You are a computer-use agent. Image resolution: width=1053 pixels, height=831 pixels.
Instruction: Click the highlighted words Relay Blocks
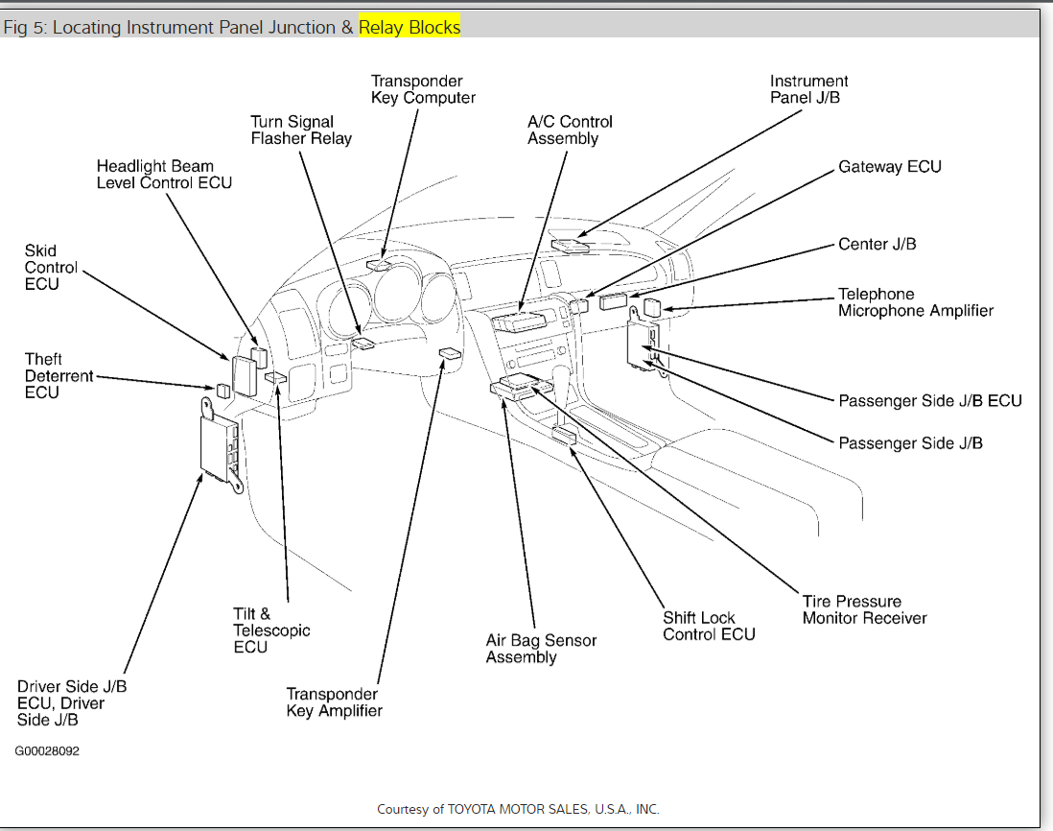(x=409, y=27)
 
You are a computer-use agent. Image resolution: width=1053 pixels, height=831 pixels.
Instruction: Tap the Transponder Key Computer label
(x=423, y=89)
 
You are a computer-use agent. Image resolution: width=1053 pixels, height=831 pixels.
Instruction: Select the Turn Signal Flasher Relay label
(x=301, y=131)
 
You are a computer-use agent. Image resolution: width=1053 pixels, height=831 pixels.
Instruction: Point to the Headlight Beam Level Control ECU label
(x=164, y=175)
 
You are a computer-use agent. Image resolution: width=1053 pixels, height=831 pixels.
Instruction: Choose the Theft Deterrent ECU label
(x=58, y=376)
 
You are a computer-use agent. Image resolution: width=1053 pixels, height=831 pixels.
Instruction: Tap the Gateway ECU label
(x=890, y=167)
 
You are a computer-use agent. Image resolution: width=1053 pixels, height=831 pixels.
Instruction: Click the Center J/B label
(x=877, y=245)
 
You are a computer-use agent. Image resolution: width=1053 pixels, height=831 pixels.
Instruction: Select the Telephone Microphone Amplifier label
(x=916, y=302)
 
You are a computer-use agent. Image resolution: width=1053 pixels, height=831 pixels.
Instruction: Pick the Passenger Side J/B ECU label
(x=930, y=401)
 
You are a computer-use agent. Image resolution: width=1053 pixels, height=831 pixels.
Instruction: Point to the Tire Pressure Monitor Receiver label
(x=864, y=610)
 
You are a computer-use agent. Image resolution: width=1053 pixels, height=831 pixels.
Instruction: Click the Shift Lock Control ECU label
(x=709, y=627)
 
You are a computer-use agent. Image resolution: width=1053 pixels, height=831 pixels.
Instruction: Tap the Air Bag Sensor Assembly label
(x=541, y=649)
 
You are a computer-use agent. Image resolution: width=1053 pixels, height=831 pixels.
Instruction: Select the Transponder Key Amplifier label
(x=334, y=702)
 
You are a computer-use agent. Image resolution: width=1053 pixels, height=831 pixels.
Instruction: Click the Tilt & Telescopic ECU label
(x=271, y=630)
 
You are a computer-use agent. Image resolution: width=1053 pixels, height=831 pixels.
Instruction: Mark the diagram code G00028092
(x=47, y=751)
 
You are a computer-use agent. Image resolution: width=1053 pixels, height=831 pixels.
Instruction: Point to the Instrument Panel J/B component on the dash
(x=570, y=245)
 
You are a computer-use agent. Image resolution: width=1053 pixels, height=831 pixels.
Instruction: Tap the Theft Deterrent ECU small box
(x=222, y=391)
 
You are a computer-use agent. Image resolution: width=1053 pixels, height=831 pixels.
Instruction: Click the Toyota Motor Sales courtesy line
(x=518, y=809)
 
